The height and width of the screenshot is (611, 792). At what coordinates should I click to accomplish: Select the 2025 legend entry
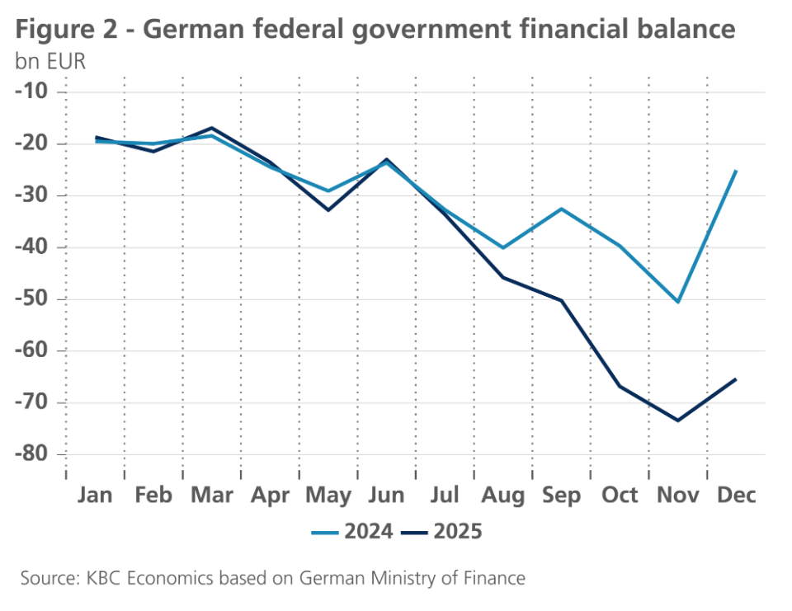pyautogui.click(x=441, y=531)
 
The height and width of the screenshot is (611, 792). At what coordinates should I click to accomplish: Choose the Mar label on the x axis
pyautogui.click(x=211, y=496)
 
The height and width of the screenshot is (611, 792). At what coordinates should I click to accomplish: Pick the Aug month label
pyautogui.click(x=502, y=496)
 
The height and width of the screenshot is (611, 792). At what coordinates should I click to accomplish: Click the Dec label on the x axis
pyautogui.click(x=736, y=496)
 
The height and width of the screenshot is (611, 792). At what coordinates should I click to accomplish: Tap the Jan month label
pyautogui.click(x=96, y=496)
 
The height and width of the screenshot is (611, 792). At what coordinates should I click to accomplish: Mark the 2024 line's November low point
pyautogui.click(x=678, y=302)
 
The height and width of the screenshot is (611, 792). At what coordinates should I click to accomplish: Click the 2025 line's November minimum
pyautogui.click(x=678, y=421)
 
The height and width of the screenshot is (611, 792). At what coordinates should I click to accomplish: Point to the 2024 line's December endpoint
pyautogui.click(x=736, y=171)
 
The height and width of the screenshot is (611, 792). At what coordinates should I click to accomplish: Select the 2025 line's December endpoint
pyautogui.click(x=736, y=379)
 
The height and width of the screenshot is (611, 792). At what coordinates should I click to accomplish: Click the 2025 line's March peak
pyautogui.click(x=212, y=128)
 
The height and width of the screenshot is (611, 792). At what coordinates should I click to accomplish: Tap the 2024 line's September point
pyautogui.click(x=562, y=209)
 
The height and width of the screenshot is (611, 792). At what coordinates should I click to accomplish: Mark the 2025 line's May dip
pyautogui.click(x=328, y=210)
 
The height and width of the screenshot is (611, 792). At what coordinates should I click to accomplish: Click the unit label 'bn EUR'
pyautogui.click(x=50, y=62)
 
